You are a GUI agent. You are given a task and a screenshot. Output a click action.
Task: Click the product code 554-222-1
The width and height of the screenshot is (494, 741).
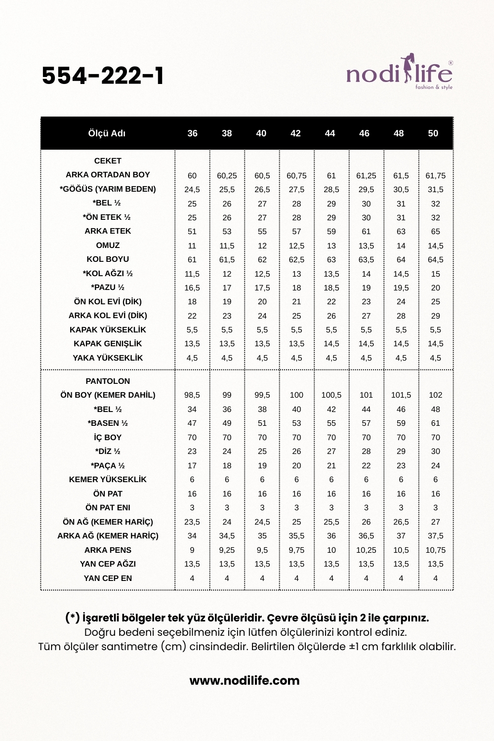[x=103, y=76]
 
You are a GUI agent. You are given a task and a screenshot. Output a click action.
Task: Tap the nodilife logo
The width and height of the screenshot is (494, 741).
[x=399, y=73]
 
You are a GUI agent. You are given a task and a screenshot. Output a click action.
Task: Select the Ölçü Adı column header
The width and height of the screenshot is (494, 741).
[x=107, y=133]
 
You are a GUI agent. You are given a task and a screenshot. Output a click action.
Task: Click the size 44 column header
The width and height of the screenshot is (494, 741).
[x=330, y=133]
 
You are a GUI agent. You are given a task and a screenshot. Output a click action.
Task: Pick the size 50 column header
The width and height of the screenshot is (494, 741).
[x=433, y=133]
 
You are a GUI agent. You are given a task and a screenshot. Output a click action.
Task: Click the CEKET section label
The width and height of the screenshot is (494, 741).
[x=108, y=161]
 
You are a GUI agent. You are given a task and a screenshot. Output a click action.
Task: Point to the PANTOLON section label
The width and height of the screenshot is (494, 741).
[x=108, y=381]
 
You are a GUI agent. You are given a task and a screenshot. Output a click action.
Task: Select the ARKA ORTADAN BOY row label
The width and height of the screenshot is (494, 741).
[x=108, y=175]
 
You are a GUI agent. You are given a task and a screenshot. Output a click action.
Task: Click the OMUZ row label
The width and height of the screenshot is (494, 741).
[x=108, y=246]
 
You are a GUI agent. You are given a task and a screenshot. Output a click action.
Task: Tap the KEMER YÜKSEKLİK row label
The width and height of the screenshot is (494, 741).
[x=108, y=480]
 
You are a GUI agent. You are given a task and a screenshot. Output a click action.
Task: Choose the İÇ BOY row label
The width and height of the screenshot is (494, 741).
[x=108, y=438]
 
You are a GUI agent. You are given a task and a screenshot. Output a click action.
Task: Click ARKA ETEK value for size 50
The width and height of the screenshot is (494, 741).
[x=435, y=232]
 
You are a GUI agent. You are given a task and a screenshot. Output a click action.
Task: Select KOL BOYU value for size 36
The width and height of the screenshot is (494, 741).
[x=192, y=260]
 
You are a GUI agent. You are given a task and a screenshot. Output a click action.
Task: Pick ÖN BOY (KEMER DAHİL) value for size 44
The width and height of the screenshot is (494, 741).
[x=331, y=395]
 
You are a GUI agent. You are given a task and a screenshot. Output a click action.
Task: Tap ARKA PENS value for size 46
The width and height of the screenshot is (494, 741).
[x=366, y=550]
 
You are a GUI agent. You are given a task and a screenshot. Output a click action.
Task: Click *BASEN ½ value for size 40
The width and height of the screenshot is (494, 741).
[x=262, y=423]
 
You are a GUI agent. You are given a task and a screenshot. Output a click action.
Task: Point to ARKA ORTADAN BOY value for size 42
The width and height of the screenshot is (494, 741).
[x=296, y=176]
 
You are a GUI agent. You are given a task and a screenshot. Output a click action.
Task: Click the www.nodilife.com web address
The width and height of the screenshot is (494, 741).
[x=245, y=681]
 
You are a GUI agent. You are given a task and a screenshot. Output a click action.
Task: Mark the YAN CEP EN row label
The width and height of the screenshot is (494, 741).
[x=108, y=578]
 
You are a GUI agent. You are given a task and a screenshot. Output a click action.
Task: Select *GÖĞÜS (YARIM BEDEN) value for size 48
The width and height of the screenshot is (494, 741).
[x=401, y=190]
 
